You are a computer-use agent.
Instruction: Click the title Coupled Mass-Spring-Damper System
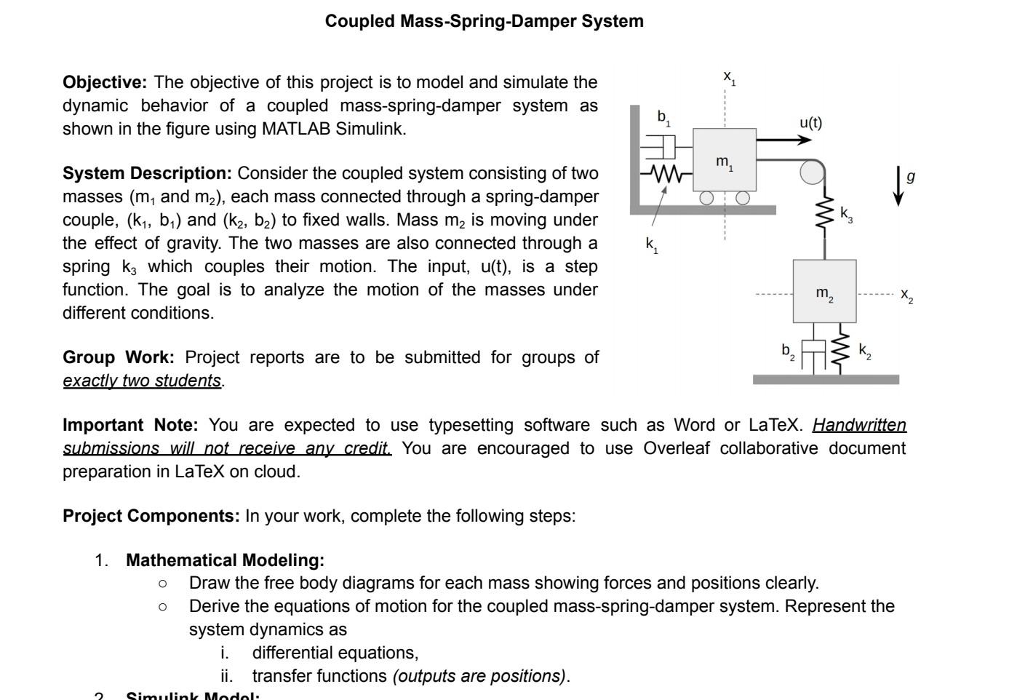tap(484, 21)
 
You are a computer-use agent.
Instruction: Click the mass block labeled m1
tap(724, 160)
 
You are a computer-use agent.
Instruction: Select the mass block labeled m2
tap(824, 292)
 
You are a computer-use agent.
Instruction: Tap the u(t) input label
tap(810, 122)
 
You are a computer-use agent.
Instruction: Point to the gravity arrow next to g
tap(899, 186)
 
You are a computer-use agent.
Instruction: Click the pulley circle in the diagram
tap(812, 172)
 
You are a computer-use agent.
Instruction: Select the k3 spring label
tap(846, 214)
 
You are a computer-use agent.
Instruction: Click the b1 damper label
tap(663, 117)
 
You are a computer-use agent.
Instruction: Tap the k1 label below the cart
tap(652, 245)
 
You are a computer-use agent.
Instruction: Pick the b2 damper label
tap(788, 351)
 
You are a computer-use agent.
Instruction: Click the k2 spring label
tap(864, 351)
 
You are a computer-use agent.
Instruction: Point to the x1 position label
tap(729, 77)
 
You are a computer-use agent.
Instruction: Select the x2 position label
tap(906, 295)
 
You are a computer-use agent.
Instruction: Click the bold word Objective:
tap(105, 82)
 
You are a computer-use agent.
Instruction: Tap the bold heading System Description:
tap(147, 173)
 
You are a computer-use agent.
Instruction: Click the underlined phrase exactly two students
tap(142, 381)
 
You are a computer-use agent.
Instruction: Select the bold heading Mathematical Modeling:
tap(225, 560)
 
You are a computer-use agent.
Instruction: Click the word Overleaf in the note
tap(676, 448)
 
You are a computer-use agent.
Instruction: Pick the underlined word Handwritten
tap(859, 425)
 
